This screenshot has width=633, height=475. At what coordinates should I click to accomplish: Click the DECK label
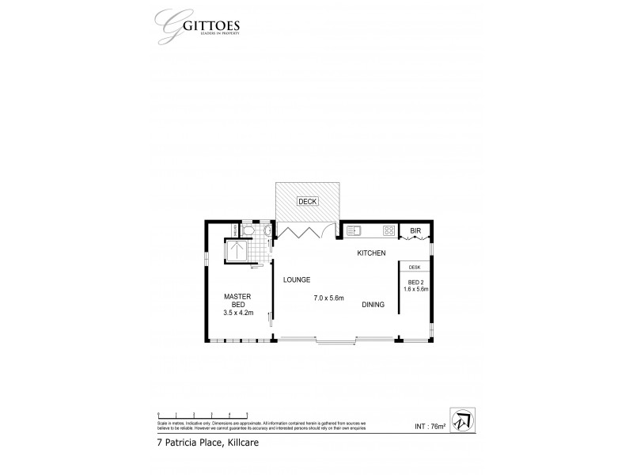pos(307,202)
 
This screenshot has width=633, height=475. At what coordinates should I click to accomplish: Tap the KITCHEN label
pos(370,253)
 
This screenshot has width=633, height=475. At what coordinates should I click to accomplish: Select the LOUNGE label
pos(296,280)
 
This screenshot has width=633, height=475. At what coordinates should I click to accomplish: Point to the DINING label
pos(374,305)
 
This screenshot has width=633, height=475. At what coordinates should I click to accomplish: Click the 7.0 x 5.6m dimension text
pos(328,298)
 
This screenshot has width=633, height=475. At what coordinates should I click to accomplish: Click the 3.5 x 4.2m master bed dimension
pos(239,313)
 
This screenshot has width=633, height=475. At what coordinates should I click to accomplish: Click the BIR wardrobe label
pos(415,231)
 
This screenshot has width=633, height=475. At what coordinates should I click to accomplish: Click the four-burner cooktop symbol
pos(389,231)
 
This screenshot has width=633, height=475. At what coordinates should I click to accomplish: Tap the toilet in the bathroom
pos(248,230)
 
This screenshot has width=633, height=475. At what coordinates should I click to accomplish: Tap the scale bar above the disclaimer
pos(203,414)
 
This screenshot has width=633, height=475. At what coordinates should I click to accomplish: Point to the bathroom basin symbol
pos(268,231)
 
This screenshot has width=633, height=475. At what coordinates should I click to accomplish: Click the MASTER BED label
pos(238,300)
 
